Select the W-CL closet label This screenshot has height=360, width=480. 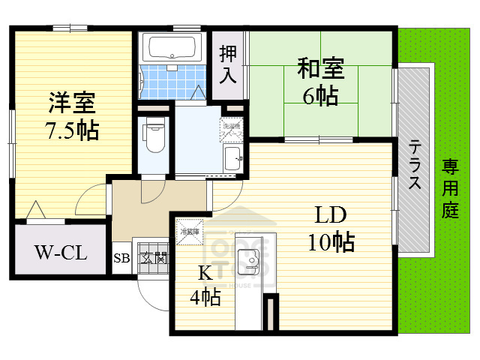(61, 251)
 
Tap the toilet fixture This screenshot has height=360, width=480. (154, 135)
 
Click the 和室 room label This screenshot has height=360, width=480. (320, 69)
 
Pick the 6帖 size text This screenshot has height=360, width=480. (320, 96)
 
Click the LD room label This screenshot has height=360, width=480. (329, 216)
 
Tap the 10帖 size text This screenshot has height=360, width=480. (330, 243)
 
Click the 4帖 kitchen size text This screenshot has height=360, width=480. (204, 298)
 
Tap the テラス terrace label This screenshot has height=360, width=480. (414, 165)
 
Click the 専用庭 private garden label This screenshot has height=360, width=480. (449, 187)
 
